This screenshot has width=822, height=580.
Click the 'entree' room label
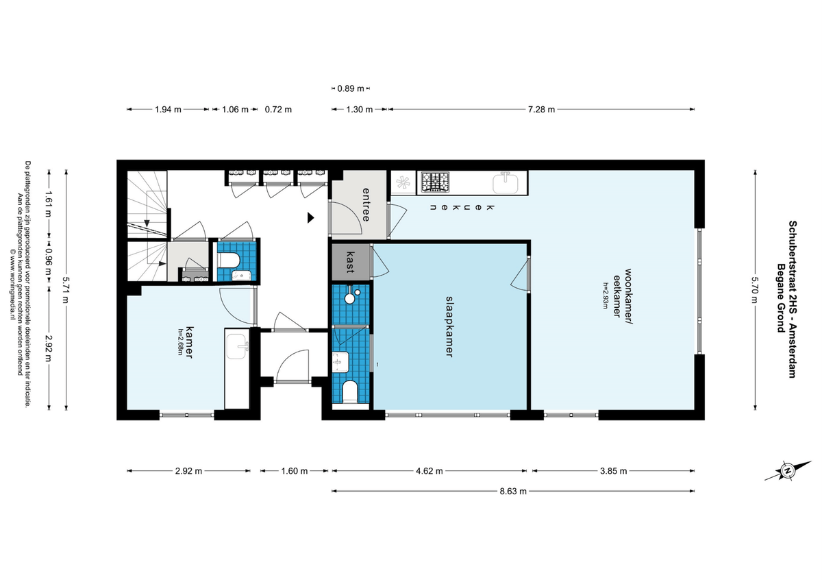[366, 204]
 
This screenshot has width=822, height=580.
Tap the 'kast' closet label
[349, 263]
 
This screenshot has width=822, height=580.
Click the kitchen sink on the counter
[507, 183]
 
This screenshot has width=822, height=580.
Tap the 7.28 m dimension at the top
[540, 110]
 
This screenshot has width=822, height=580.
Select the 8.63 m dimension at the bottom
[513, 491]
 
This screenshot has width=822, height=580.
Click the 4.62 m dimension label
[429, 471]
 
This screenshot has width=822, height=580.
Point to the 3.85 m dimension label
[614, 471]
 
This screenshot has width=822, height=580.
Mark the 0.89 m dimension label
[351, 88]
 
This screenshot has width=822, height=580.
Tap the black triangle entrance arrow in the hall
[310, 218]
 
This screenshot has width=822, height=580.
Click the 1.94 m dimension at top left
[168, 110]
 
